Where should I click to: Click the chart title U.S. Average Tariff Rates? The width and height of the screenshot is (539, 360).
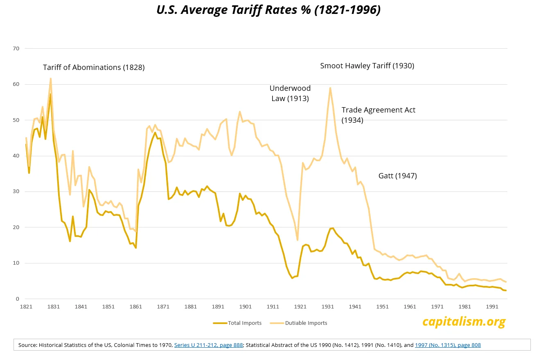268,10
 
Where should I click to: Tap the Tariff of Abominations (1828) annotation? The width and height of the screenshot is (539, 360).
94,67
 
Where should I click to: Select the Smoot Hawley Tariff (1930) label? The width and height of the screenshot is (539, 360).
367,66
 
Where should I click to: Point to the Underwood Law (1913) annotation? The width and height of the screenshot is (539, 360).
290,93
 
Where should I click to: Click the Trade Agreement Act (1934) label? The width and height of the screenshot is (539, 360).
378,115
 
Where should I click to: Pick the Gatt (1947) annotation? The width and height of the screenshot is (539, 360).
397,176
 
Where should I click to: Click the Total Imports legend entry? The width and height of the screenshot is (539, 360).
237,323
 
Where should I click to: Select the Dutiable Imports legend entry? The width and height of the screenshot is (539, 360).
298,323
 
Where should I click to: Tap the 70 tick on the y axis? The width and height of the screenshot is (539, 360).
16,49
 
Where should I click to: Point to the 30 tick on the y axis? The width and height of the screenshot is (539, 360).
16,191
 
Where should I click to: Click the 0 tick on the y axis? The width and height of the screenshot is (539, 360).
18,299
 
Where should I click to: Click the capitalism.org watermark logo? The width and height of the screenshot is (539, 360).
464,322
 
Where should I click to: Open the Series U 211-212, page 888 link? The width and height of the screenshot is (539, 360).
209,345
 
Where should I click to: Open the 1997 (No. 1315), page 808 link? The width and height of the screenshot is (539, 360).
448,345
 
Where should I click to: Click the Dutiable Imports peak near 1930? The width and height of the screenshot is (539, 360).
330,88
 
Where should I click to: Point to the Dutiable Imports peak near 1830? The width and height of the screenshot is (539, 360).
50,79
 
